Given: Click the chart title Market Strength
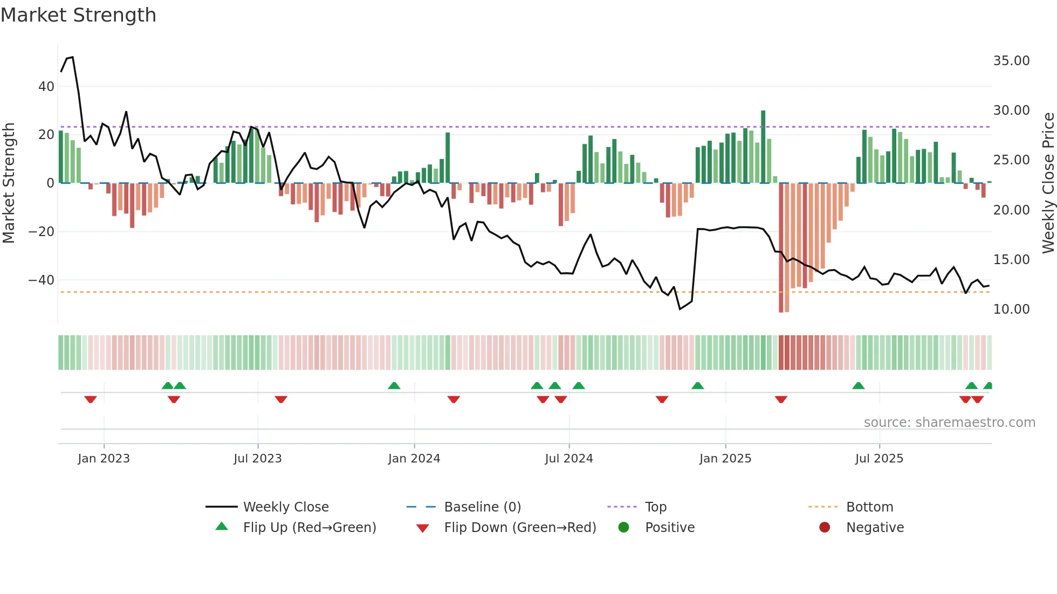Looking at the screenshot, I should pos(78,15).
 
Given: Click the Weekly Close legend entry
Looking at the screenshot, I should pos(285,507).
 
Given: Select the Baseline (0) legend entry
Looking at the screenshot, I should pos(482,507).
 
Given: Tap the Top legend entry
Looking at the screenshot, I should pos(655,507).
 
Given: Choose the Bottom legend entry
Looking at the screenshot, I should pos(869,507).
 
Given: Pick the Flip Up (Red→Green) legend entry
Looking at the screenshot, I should pos(309,528).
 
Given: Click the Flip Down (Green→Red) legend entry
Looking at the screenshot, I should pos(520,528).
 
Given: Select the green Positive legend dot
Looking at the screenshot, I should pos(623,528).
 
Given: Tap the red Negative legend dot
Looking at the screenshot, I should pos(825,528).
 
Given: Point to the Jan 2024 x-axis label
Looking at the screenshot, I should pos(414,459).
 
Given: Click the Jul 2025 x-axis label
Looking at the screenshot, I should pos(879,459).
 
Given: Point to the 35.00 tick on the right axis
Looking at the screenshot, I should pos(1011,61).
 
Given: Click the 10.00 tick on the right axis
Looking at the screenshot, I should pos(1011,309).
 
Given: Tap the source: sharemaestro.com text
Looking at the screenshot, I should pos(949,423).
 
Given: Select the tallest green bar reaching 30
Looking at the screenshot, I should pos(763,146).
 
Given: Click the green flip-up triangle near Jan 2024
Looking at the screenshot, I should pos(394,386).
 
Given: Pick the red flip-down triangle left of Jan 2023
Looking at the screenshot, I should pos(91,399).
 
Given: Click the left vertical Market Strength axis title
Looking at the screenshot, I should pos(9,183).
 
